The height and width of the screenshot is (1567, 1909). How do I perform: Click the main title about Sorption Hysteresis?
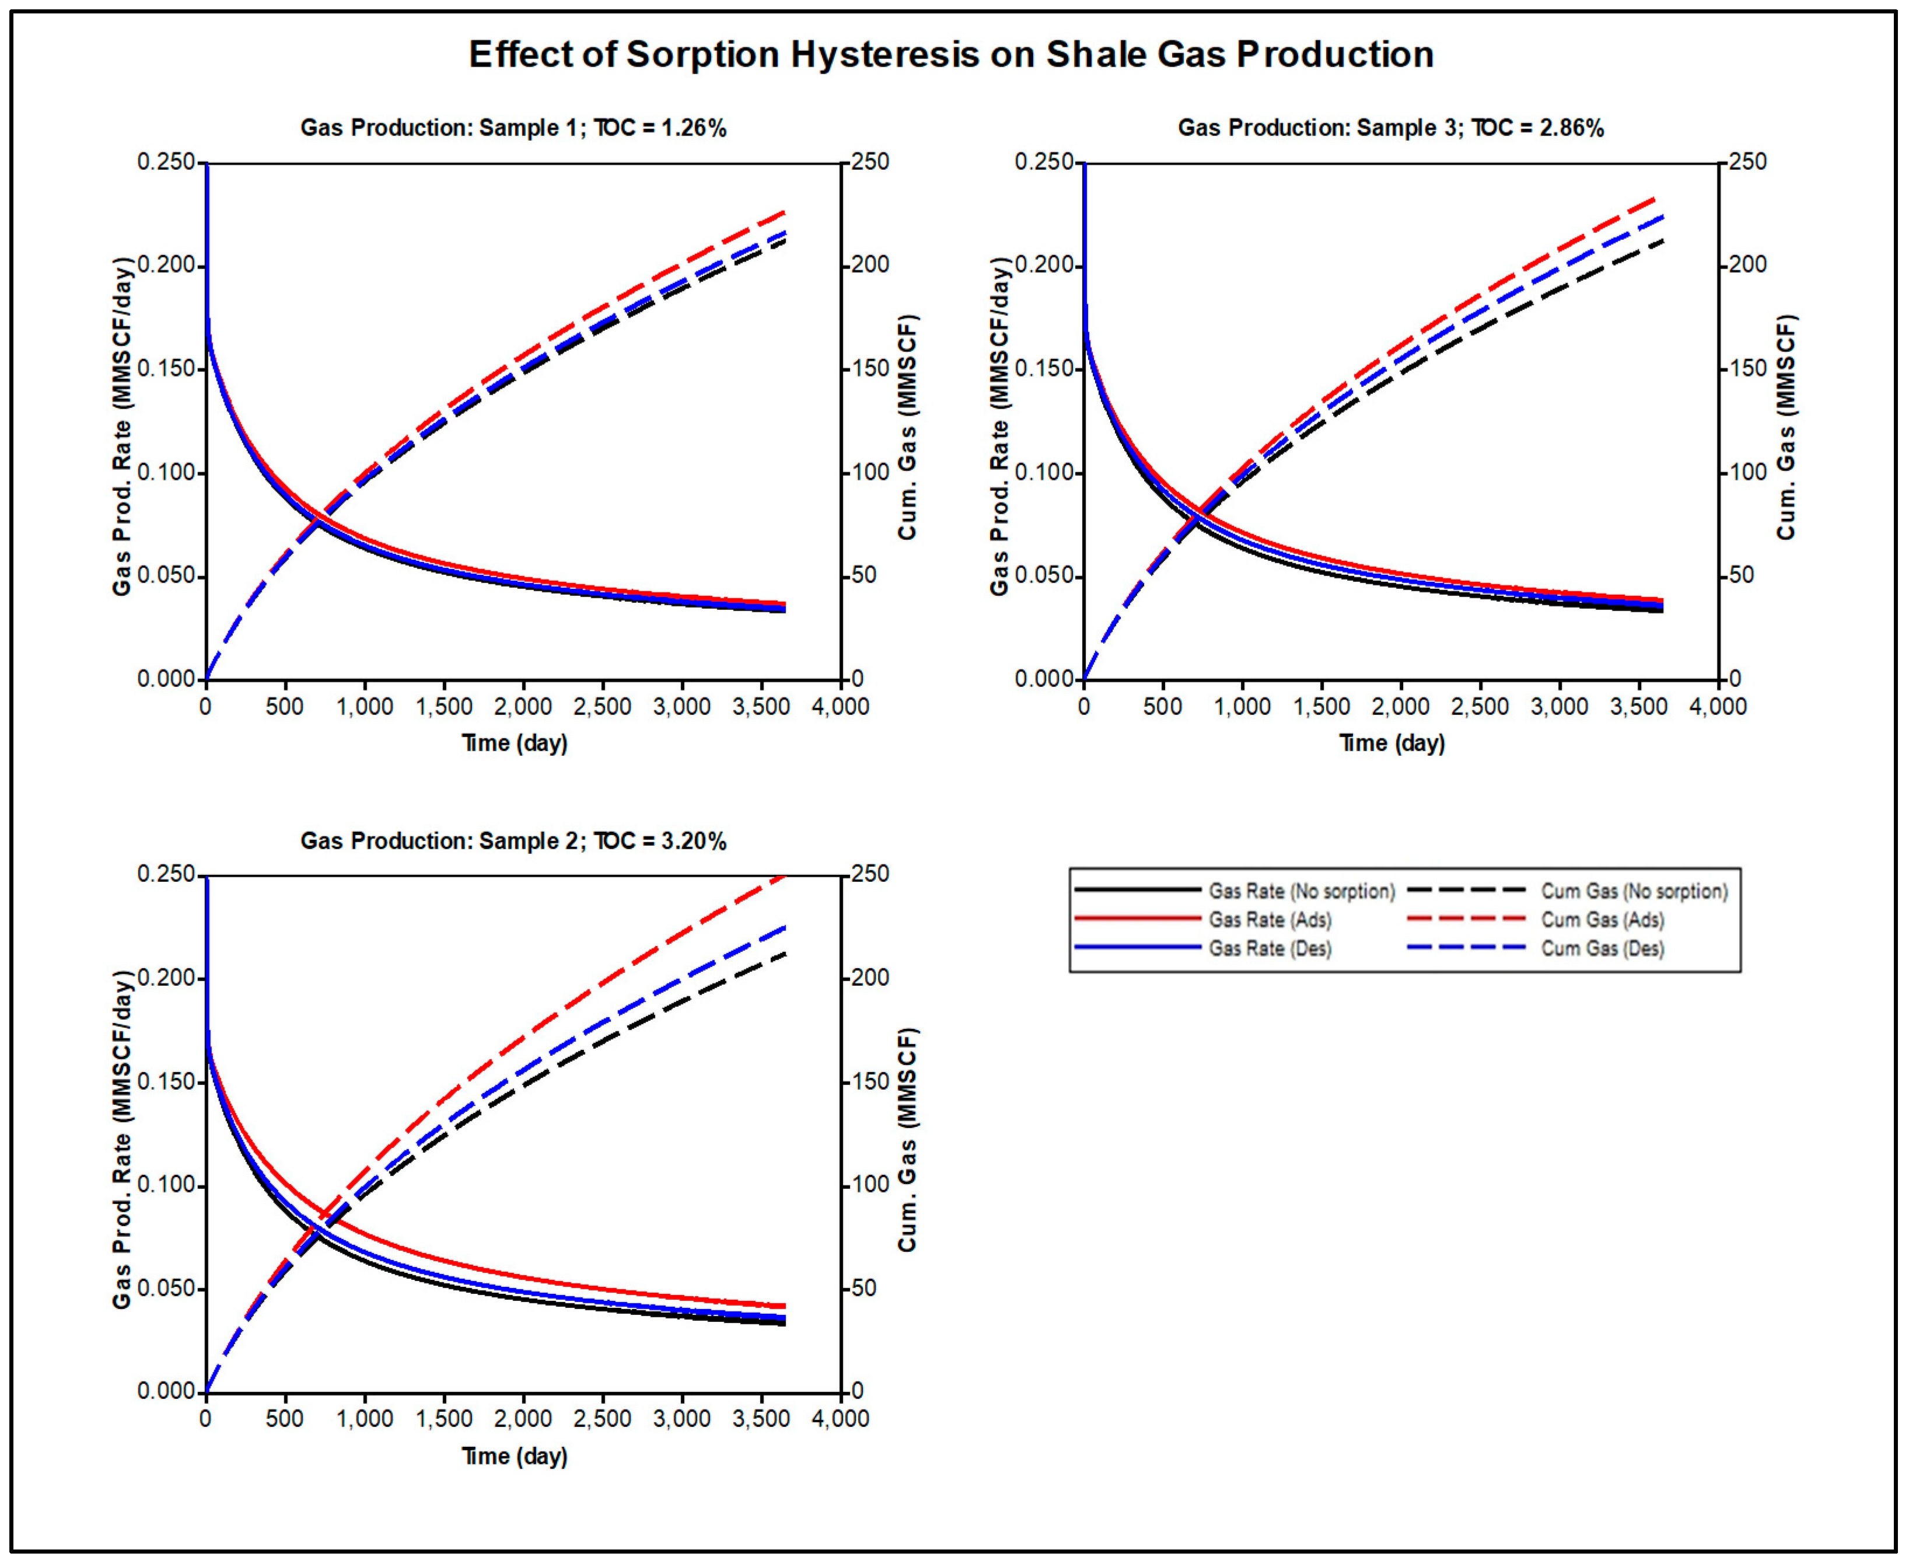[951, 55]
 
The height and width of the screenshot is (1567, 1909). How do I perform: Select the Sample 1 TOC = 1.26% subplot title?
[513, 128]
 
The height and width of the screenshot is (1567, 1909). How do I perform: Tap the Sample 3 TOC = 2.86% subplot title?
[1390, 128]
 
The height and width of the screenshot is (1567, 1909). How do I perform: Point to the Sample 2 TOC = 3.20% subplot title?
[513, 841]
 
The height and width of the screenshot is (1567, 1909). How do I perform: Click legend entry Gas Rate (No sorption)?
[1301, 892]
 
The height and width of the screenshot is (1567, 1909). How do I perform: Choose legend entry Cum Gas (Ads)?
[1602, 920]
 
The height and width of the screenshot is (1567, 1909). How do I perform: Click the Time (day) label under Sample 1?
[514, 744]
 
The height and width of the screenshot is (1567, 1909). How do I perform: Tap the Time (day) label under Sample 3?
[1392, 744]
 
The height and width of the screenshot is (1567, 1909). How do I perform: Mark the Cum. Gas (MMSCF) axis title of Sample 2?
[907, 1139]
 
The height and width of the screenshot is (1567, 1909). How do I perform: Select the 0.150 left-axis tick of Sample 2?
[166, 1082]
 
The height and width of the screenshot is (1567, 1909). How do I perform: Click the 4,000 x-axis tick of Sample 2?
[840, 1419]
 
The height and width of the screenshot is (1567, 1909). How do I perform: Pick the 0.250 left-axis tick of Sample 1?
[166, 162]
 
